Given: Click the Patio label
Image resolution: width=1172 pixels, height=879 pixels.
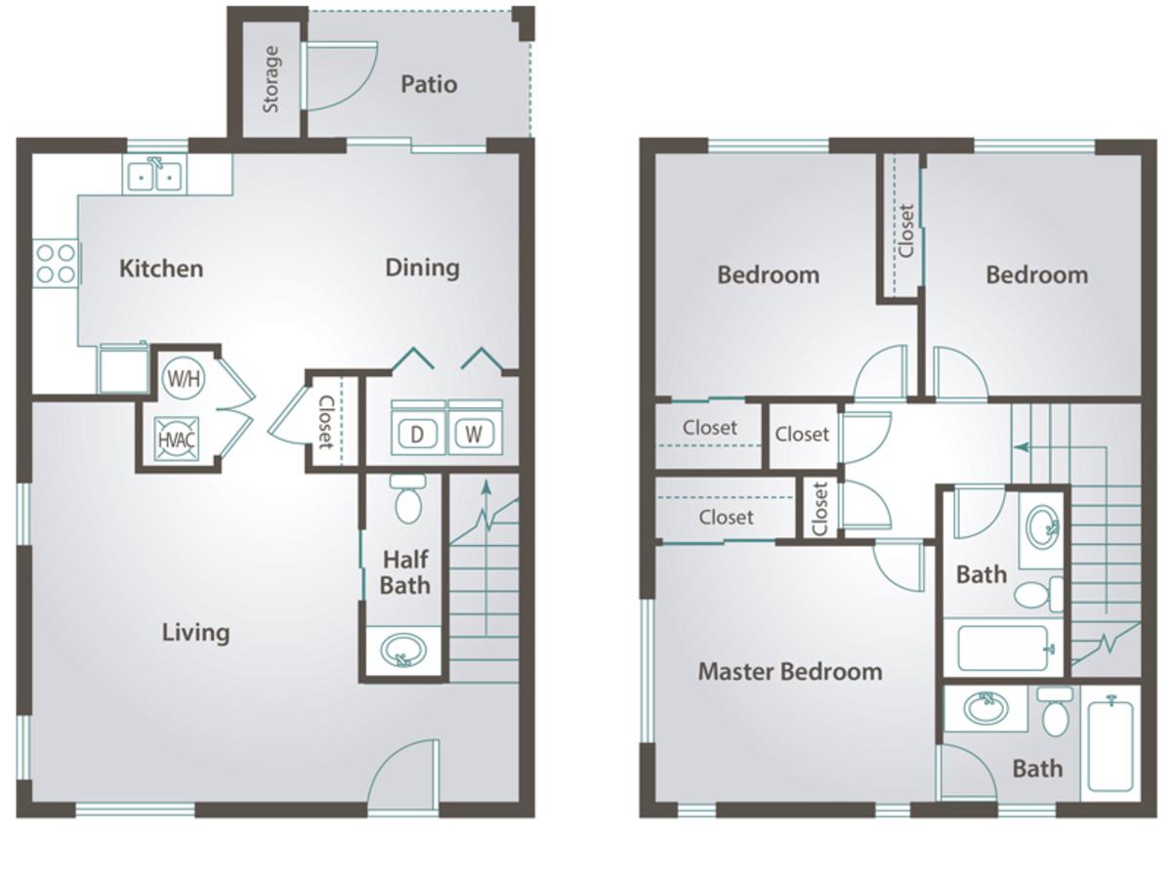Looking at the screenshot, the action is pyautogui.click(x=429, y=84).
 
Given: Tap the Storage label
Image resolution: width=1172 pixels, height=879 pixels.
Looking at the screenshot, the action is pyautogui.click(x=272, y=79).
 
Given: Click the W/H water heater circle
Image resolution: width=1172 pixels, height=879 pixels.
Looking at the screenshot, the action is pyautogui.click(x=184, y=378).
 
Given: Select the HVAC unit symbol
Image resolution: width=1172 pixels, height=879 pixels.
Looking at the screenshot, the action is pyautogui.click(x=177, y=439).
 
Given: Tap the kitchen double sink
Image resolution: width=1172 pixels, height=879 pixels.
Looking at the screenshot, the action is pyautogui.click(x=155, y=174).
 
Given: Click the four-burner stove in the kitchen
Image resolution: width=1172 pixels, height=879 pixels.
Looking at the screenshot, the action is pyautogui.click(x=56, y=264).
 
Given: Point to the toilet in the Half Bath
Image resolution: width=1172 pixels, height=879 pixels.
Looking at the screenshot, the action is pyautogui.click(x=408, y=498).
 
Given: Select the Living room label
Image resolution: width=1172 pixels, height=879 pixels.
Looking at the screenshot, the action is pyautogui.click(x=196, y=633).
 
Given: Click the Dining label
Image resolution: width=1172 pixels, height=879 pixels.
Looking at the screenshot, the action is pyautogui.click(x=422, y=268).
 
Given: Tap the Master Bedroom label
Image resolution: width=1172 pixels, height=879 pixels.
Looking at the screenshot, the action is pyautogui.click(x=790, y=671).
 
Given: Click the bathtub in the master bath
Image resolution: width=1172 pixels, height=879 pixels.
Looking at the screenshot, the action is pyautogui.click(x=1110, y=746).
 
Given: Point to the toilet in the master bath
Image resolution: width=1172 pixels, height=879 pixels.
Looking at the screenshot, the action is pyautogui.click(x=1056, y=711).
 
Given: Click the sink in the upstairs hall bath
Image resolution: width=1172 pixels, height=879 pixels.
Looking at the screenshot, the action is pyautogui.click(x=1042, y=521).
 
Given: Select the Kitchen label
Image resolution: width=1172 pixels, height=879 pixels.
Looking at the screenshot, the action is pyautogui.click(x=161, y=269).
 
